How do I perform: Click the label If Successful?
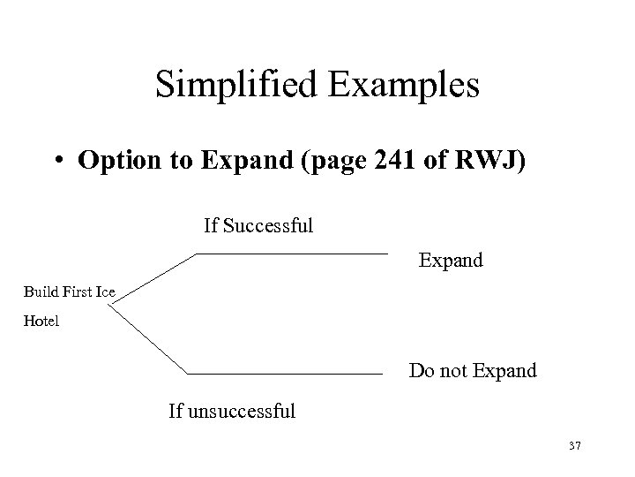click(x=258, y=226)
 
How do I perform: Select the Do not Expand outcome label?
click(x=472, y=371)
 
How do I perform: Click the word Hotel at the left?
click(x=41, y=322)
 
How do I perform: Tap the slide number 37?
click(x=574, y=447)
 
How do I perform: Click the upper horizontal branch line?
click(x=291, y=254)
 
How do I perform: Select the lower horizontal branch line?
click(x=287, y=373)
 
